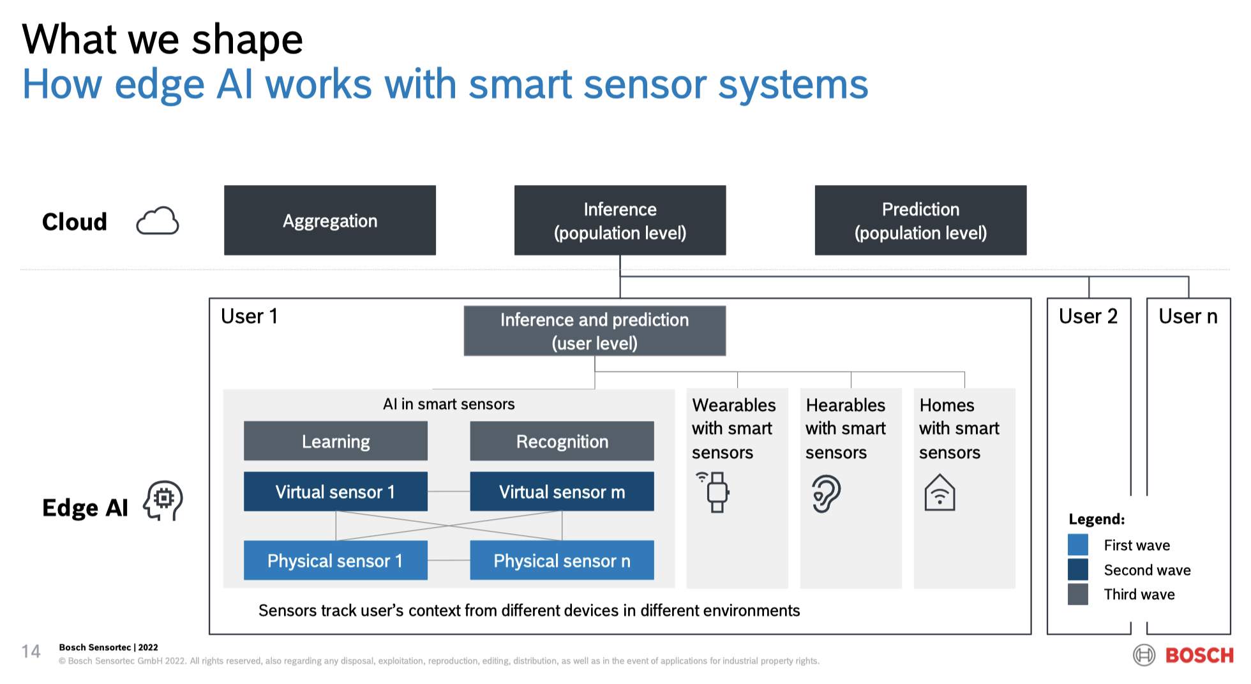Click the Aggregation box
[x=329, y=221]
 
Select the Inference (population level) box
[x=620, y=221]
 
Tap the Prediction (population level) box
[x=920, y=221]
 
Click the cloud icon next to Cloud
[x=158, y=221]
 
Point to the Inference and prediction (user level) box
[x=594, y=331]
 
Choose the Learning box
[x=335, y=441]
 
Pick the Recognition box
[x=562, y=441]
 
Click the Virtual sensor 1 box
[x=335, y=491]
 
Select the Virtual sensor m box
[x=562, y=491]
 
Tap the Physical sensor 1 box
[x=335, y=560]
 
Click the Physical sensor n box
[x=562, y=560]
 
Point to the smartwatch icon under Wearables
[x=716, y=492]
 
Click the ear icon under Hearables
[x=826, y=493]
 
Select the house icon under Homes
[x=940, y=493]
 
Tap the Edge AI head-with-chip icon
[x=163, y=500]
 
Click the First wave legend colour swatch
[x=1077, y=545]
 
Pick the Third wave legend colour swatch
[x=1077, y=594]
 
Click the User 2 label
[x=1088, y=316]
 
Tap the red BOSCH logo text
[x=1199, y=655]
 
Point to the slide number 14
[x=31, y=651]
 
